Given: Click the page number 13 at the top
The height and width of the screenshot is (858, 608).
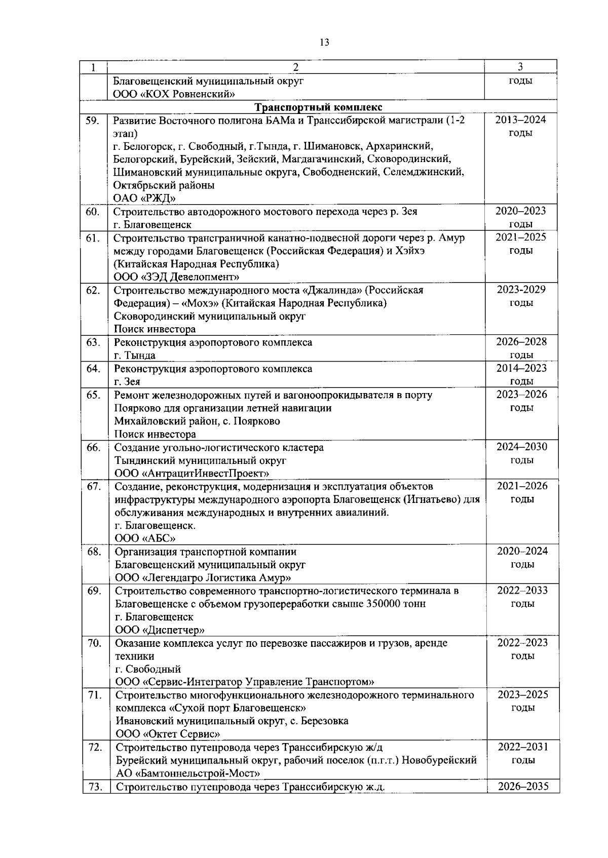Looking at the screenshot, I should coord(325,43).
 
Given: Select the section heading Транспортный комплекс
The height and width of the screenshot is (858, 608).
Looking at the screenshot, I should coord(318,107).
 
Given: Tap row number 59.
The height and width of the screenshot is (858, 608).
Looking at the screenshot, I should coord(92,121).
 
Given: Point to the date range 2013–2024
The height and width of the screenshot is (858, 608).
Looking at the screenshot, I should coord(520,120).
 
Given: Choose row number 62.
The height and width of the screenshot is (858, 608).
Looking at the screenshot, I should coord(93,290).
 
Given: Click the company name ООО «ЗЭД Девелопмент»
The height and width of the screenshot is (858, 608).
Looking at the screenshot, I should coord(176,277).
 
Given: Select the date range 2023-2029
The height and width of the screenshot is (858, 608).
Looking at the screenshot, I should coord(521,290).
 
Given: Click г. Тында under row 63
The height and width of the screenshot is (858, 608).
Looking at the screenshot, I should coord(134,356).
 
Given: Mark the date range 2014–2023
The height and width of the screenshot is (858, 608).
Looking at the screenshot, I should coord(521,368).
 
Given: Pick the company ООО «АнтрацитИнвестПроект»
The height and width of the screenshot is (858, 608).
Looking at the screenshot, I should coord(192,474).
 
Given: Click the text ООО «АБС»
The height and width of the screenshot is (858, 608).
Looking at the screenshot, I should coord(145,538).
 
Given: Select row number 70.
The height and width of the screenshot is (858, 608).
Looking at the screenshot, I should coord(94,643).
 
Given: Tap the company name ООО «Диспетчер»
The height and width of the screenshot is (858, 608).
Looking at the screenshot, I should coord(160,630).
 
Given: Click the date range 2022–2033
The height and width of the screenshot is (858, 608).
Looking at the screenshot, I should coord(522,591).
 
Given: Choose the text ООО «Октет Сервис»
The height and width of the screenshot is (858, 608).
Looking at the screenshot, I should coord(168,734).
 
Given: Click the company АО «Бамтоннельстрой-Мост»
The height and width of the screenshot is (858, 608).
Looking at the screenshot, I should coord(188,773).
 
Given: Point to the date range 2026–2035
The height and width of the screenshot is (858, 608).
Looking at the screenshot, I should coord(523,787).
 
